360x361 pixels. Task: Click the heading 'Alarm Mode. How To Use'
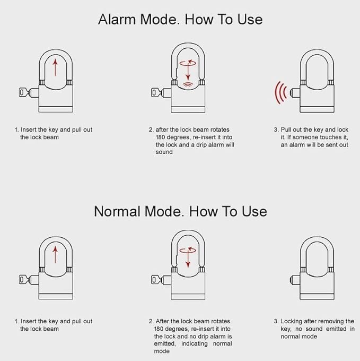click(180, 20)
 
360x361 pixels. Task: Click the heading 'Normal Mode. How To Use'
click(180, 211)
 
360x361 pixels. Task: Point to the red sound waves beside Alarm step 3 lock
click(280, 93)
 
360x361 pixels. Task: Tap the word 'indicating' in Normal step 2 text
click(199, 344)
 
